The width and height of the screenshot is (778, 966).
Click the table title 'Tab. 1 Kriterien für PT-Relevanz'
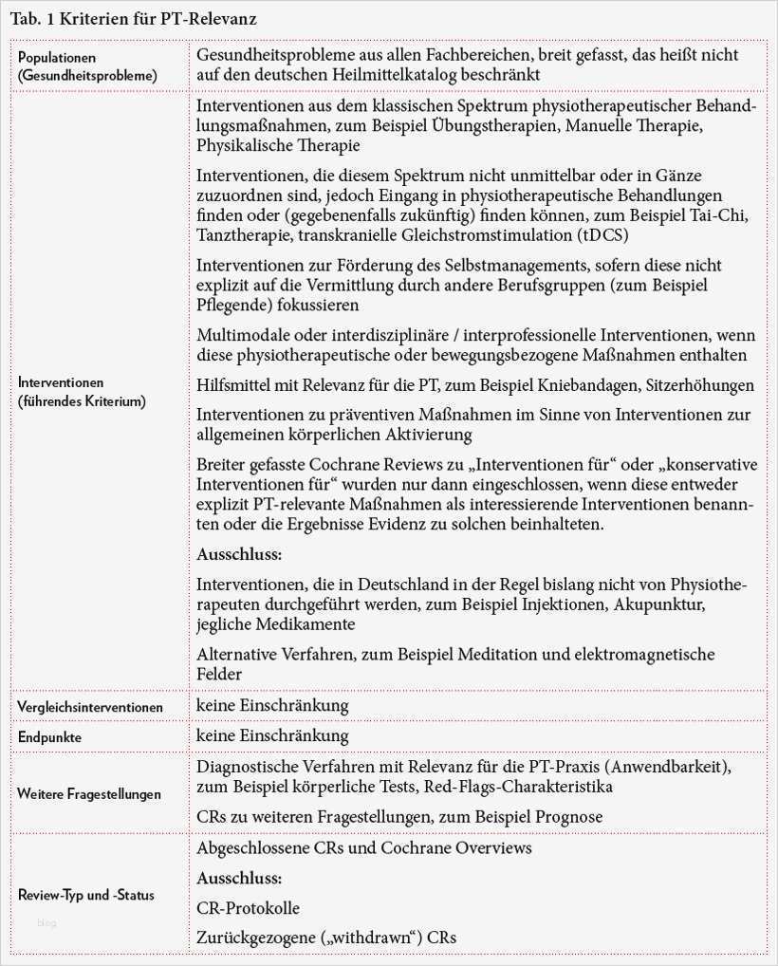point(133,19)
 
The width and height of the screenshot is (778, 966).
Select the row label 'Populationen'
point(56,58)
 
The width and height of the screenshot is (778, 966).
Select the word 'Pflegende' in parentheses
point(231,305)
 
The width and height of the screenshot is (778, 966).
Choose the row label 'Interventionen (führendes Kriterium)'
point(82,392)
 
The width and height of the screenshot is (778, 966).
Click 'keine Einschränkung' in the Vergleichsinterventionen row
point(272,705)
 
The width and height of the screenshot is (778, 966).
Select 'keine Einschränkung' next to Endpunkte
point(272,735)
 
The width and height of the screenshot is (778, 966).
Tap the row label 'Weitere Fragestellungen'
point(88,793)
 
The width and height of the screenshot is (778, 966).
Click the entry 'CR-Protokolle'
point(248,907)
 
